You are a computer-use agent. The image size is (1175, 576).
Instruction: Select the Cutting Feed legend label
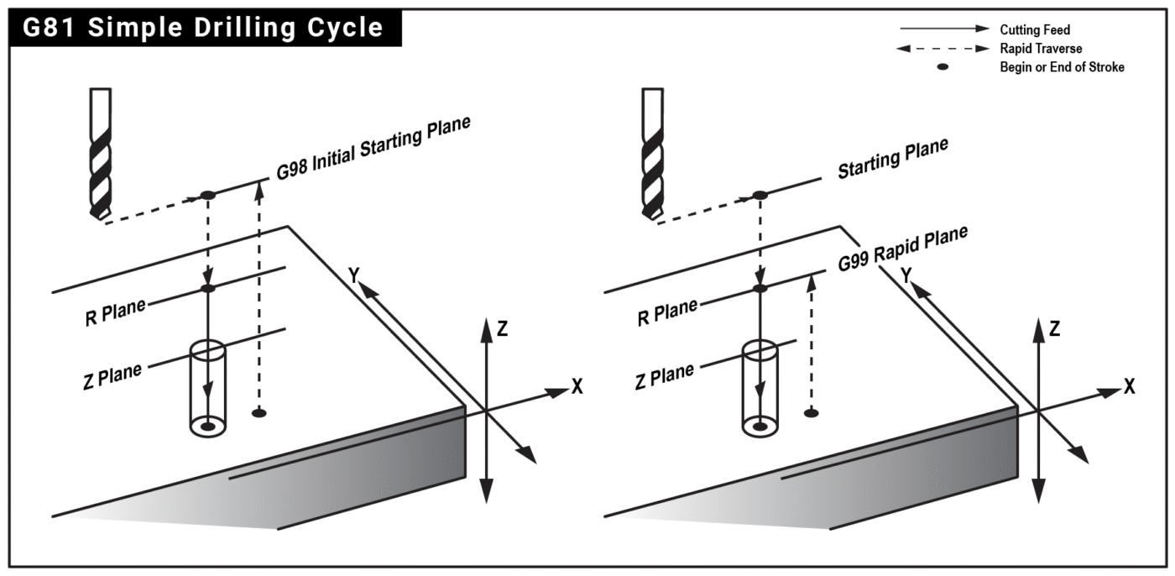[1034, 29]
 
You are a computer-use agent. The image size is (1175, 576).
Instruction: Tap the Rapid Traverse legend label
[1041, 49]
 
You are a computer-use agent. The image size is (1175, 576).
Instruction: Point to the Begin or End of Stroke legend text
[1062, 67]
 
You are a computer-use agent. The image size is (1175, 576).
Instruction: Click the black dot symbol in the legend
[943, 67]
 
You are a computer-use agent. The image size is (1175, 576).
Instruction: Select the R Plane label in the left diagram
[115, 313]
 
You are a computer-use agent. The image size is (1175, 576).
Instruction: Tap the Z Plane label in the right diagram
[665, 375]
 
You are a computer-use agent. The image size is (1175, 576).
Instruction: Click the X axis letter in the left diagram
[577, 386]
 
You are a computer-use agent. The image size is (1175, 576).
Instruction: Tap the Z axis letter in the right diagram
[1054, 328]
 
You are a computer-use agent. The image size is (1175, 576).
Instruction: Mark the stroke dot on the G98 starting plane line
[208, 196]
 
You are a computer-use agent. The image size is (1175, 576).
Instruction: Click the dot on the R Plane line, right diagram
[760, 289]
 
